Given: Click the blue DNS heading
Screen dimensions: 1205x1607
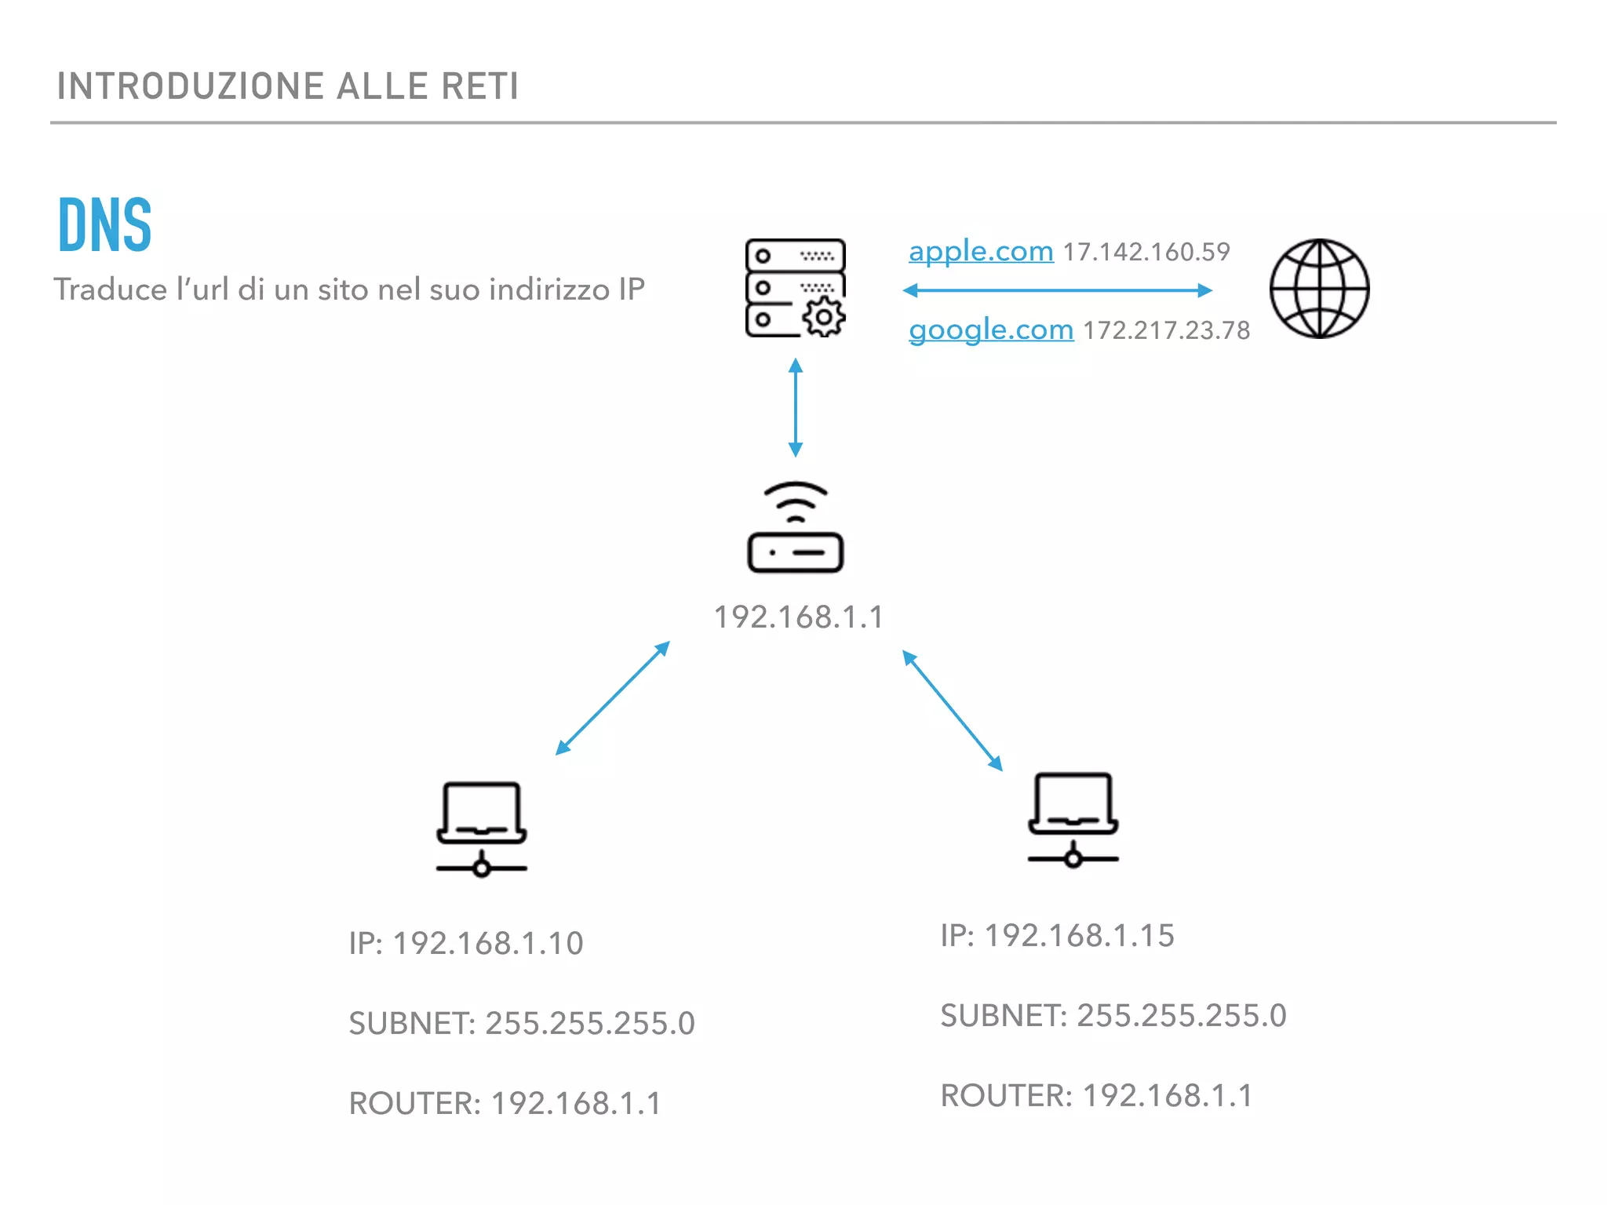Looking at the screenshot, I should (x=105, y=225).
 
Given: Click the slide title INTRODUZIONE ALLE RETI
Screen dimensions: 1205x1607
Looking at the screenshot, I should (x=287, y=86).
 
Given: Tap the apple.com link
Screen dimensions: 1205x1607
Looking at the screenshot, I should (x=980, y=252).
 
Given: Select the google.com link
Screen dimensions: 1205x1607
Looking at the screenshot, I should (x=990, y=330).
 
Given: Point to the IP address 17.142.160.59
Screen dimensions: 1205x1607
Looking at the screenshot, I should (x=1146, y=253).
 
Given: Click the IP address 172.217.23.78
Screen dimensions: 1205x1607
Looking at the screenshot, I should (x=1166, y=331).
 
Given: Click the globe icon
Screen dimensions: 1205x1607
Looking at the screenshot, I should (x=1319, y=289).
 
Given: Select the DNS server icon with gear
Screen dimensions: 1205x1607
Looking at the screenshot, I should (x=795, y=288).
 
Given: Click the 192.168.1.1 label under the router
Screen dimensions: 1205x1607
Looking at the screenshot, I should (x=798, y=617).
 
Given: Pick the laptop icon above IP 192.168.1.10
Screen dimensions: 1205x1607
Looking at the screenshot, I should (x=481, y=828).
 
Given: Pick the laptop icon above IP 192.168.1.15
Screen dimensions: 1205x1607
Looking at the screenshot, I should (x=1073, y=819).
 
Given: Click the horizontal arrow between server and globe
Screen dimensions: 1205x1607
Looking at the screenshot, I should (x=1057, y=290).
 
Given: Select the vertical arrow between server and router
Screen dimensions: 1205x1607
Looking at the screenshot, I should (x=795, y=407).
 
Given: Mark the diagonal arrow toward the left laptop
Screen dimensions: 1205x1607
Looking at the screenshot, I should (x=612, y=698).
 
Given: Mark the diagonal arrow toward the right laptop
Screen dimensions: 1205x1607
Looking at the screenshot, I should (x=952, y=710).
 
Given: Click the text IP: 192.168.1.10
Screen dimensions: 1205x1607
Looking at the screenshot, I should (x=466, y=943).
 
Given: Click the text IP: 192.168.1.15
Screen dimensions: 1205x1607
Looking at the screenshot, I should (x=1057, y=935).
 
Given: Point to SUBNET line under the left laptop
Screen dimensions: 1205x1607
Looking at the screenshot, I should (x=522, y=1023).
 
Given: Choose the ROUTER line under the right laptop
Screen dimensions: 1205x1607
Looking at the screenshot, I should (x=1096, y=1095).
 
